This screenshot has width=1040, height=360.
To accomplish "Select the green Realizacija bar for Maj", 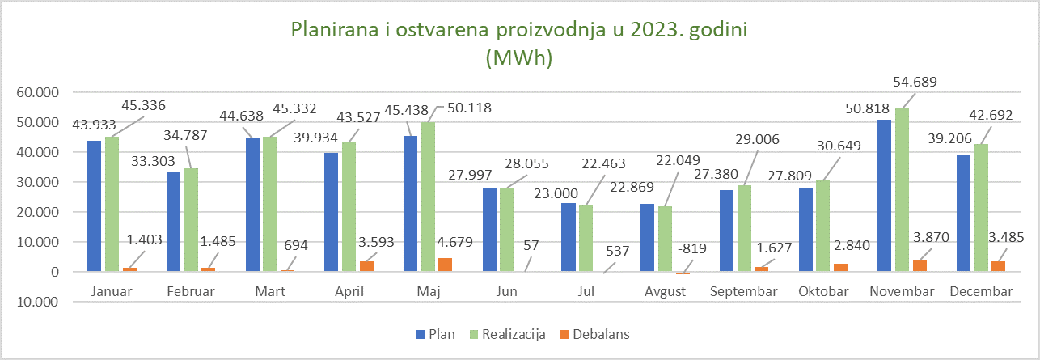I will tap(429, 197).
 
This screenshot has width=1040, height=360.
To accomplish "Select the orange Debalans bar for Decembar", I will tap(1000, 266).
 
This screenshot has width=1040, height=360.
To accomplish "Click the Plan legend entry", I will tap(437, 333).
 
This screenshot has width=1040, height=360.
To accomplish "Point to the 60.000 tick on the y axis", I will tap(37, 92).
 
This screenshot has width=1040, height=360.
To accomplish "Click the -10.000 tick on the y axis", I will tap(36, 302).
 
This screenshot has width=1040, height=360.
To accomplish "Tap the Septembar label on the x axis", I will tap(742, 291).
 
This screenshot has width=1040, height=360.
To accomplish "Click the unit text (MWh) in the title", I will tap(518, 57).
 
